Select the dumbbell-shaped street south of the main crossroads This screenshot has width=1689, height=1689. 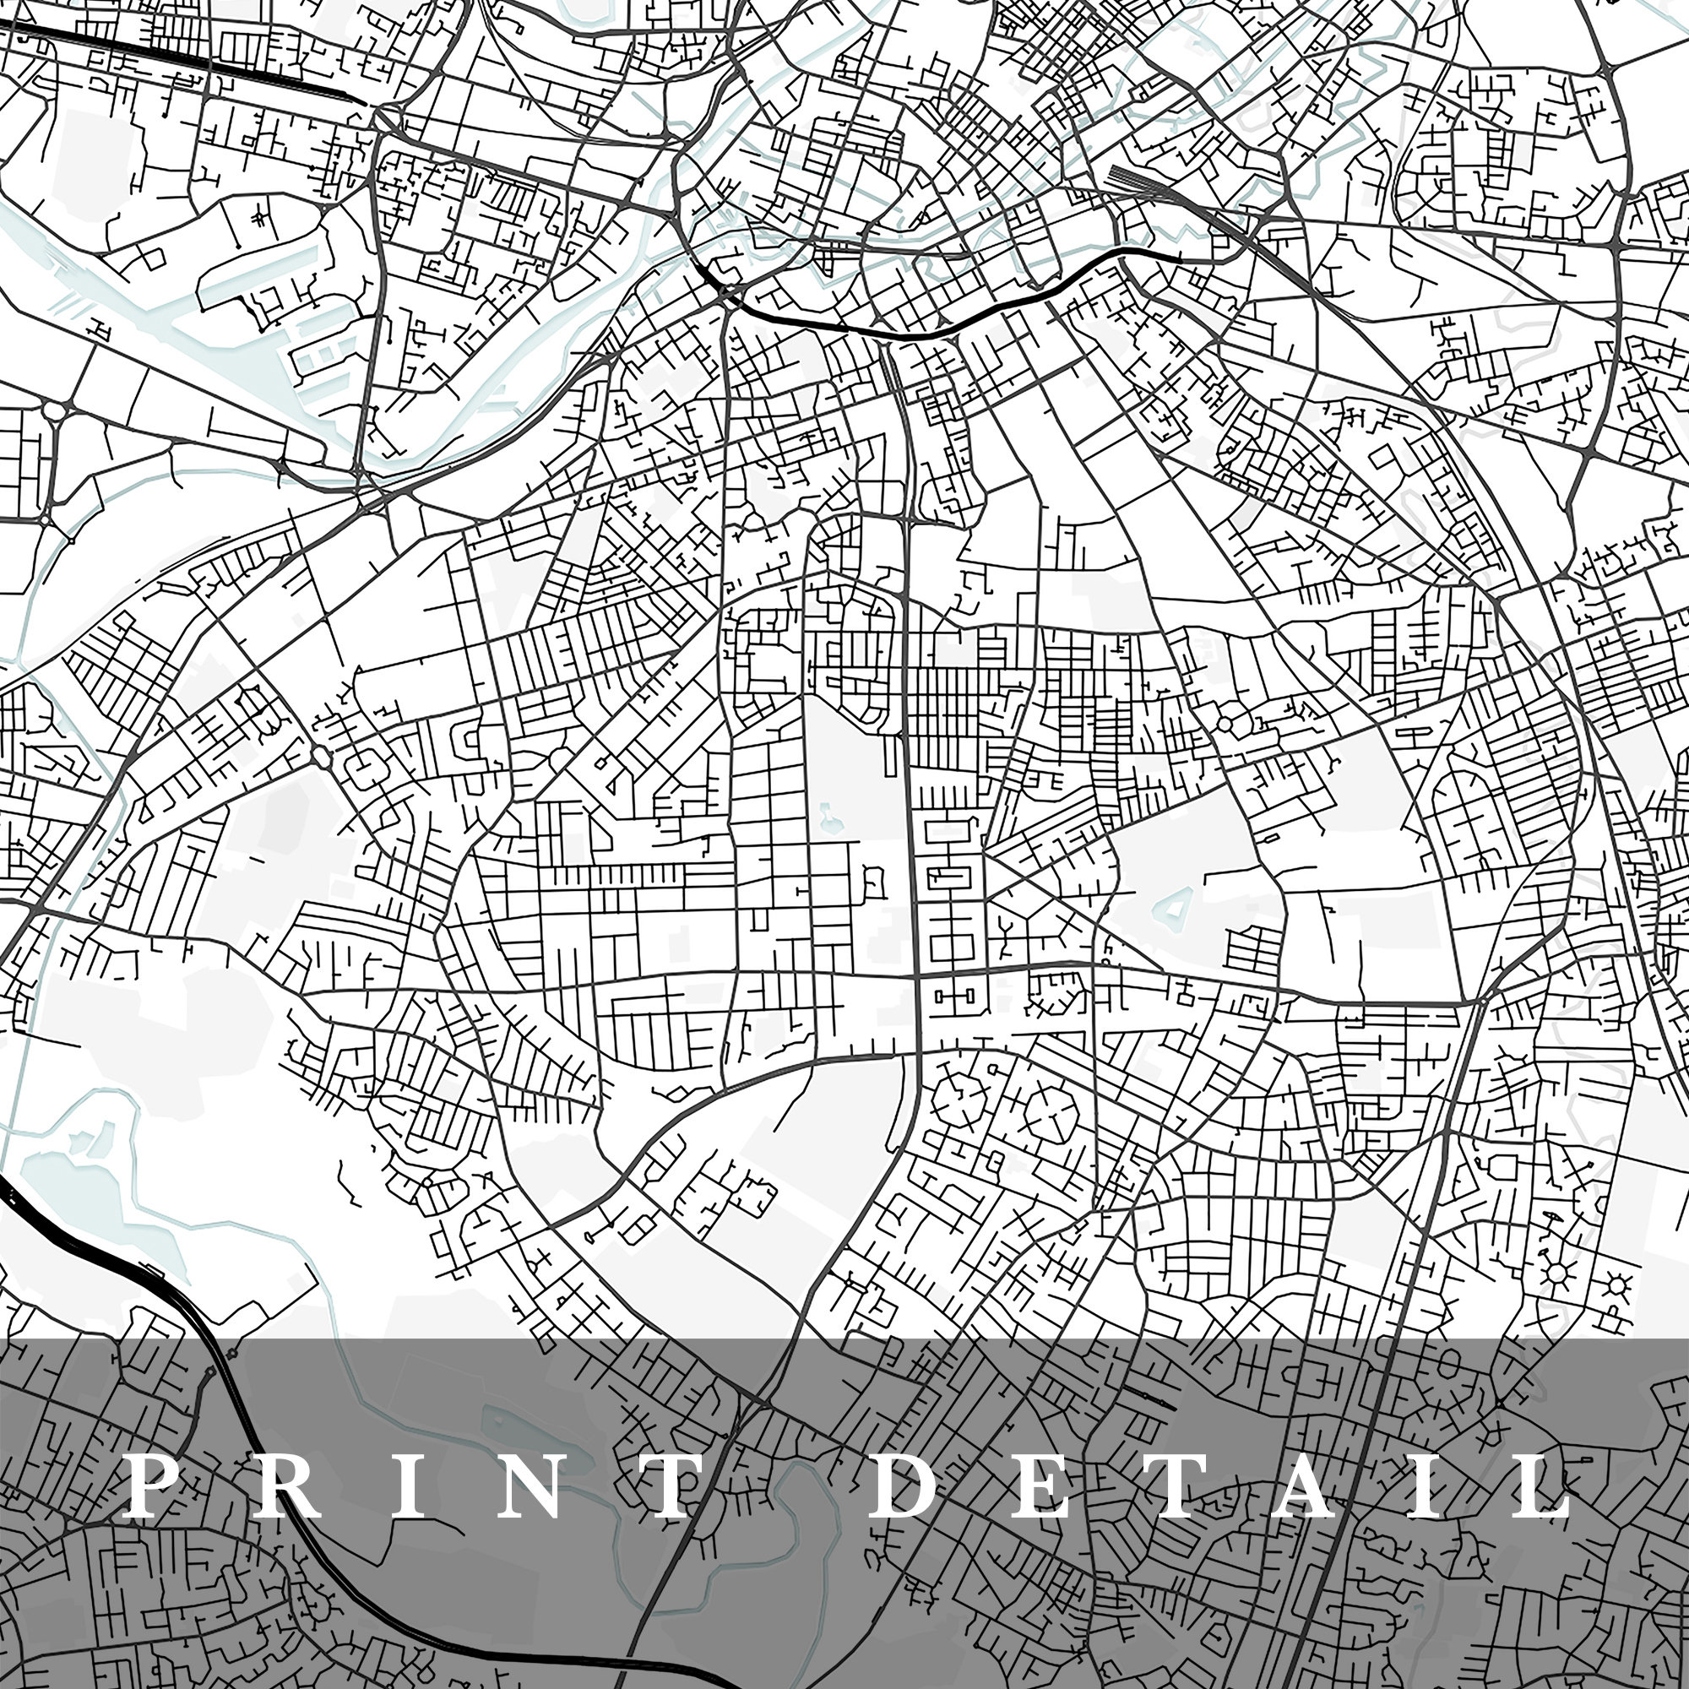[x=953, y=996]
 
